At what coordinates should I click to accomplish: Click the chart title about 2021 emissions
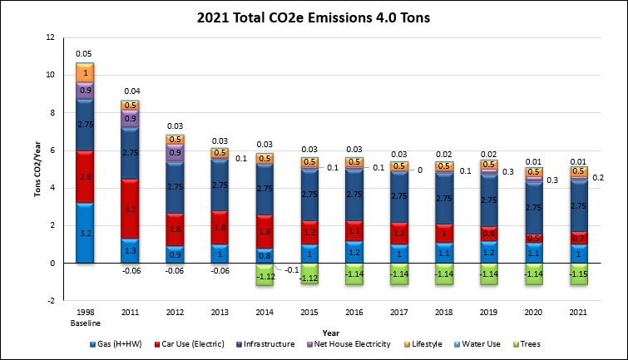(314, 16)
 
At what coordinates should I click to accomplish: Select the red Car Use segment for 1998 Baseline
(84, 177)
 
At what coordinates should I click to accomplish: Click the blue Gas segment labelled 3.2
(84, 234)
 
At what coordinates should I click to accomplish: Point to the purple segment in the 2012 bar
(175, 153)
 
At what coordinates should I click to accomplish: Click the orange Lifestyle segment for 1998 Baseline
(84, 73)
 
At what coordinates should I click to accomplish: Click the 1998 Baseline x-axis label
(84, 318)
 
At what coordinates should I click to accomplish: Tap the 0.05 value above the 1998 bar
(84, 53)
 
